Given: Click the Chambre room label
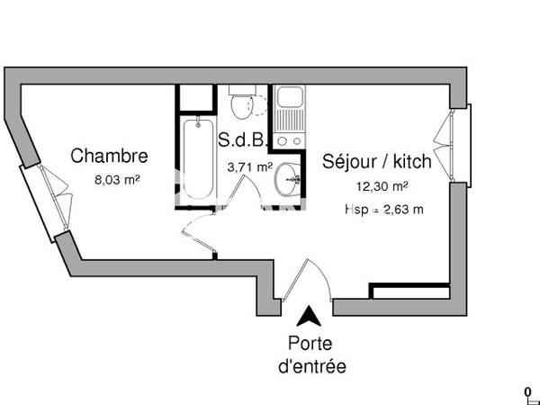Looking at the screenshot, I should click(109, 156).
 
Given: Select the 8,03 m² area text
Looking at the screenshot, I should click(117, 179).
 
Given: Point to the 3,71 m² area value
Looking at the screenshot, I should click(249, 166).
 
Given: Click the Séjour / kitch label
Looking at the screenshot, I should click(377, 163).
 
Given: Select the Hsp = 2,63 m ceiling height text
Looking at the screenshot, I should click(383, 209).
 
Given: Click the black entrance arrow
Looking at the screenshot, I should click(308, 316).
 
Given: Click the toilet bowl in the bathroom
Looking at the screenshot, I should click(242, 107).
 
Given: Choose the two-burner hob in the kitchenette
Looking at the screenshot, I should click(290, 141).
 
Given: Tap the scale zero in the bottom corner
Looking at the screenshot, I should click(527, 390).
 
